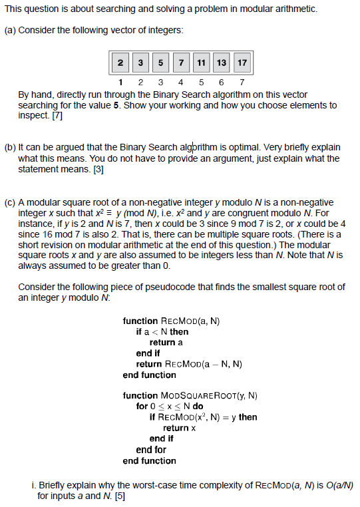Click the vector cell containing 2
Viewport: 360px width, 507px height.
pyautogui.click(x=120, y=63)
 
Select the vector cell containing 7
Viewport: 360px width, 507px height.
pyautogui.click(x=181, y=63)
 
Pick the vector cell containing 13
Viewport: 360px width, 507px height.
pyautogui.click(x=222, y=63)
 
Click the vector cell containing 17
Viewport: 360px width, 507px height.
pyautogui.click(x=242, y=63)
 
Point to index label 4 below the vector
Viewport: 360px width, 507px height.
pyautogui.click(x=181, y=83)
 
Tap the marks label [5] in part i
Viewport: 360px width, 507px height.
pyautogui.click(x=119, y=496)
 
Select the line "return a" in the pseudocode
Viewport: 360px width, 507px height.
pyautogui.click(x=166, y=342)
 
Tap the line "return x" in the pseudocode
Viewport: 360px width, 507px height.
pyautogui.click(x=180, y=428)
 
